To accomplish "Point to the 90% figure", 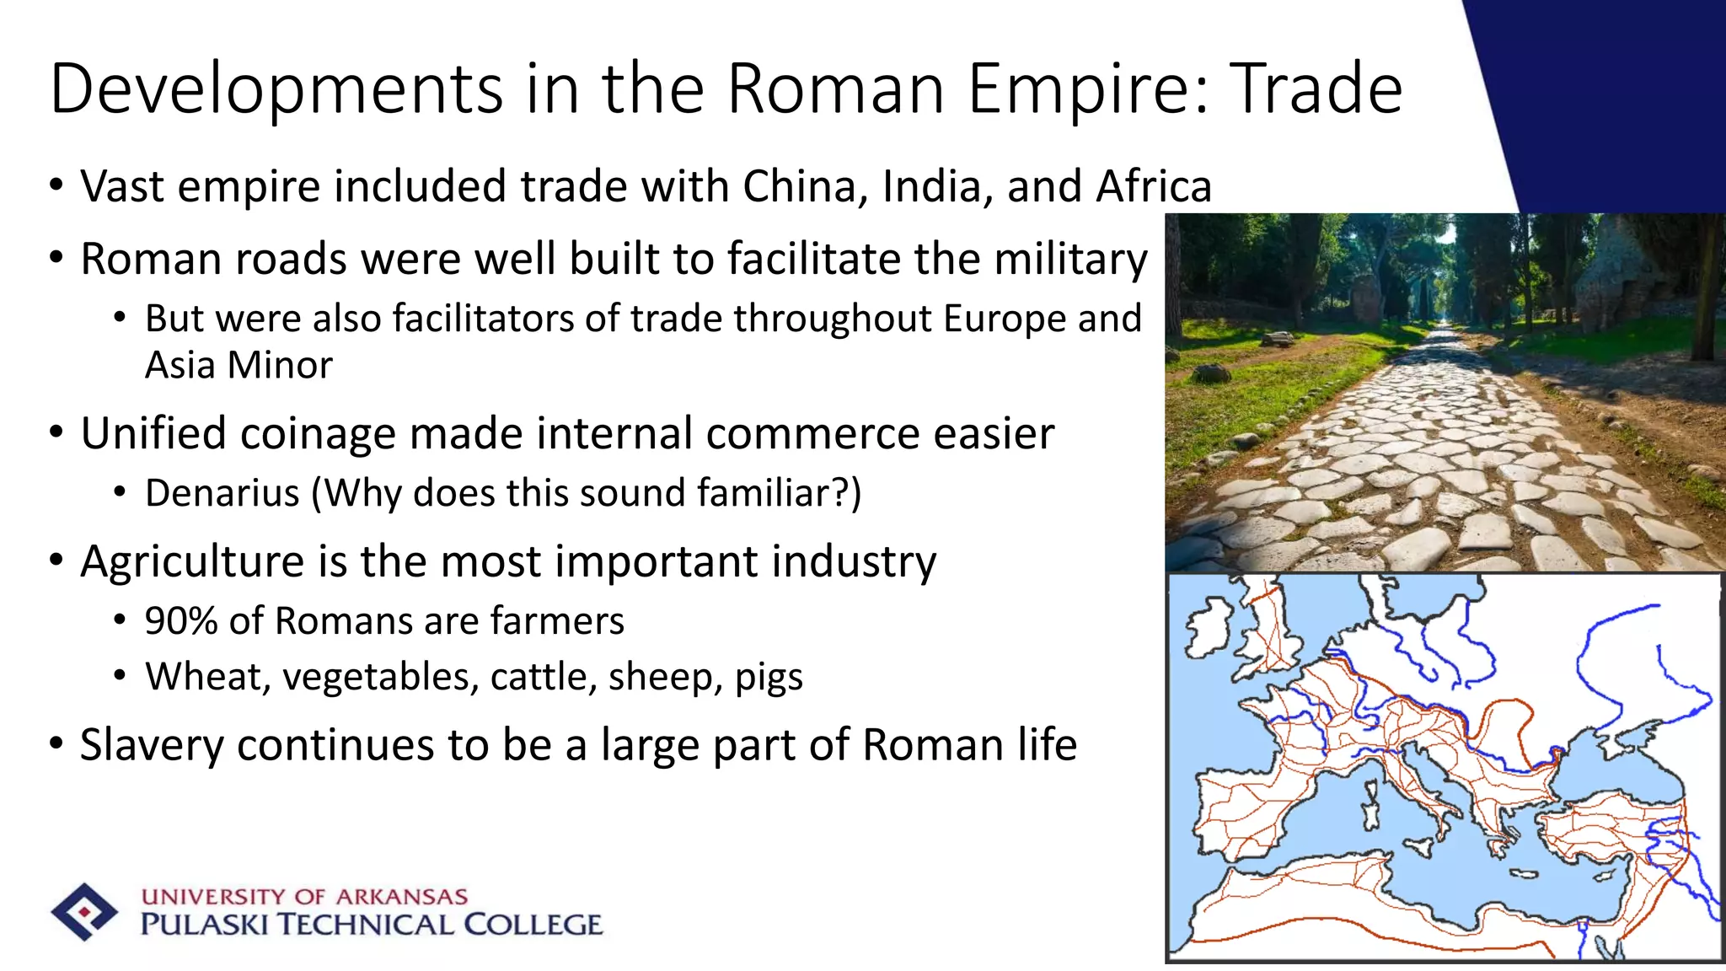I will click(x=180, y=621).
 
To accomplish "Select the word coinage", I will click(x=318, y=434).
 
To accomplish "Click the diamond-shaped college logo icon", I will click(x=83, y=912).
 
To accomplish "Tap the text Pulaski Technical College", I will click(x=371, y=925).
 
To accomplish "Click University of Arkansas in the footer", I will click(x=304, y=896).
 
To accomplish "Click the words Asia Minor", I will click(x=239, y=366).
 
